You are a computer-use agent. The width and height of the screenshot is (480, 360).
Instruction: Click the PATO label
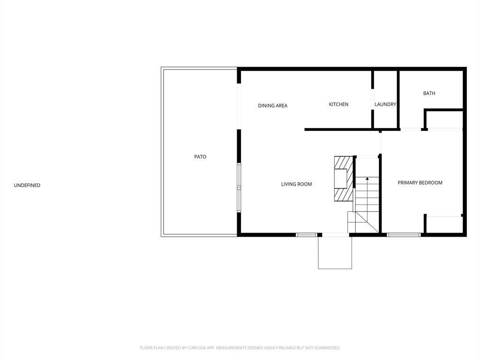(x=200, y=157)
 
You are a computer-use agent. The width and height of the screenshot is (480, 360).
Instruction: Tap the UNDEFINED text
(x=27, y=185)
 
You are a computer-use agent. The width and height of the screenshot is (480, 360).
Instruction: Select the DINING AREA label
(x=273, y=105)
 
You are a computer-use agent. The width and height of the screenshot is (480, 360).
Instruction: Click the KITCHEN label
(x=338, y=105)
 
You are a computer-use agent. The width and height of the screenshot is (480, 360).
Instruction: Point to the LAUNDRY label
(x=385, y=105)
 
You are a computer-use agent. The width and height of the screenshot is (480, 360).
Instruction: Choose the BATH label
(x=429, y=93)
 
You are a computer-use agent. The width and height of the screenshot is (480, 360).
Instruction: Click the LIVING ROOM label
(x=297, y=184)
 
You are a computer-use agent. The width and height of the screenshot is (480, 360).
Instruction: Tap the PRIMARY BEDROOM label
(x=420, y=183)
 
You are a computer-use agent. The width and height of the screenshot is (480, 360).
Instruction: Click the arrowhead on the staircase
(x=367, y=178)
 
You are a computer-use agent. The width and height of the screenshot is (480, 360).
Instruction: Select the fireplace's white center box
(x=340, y=179)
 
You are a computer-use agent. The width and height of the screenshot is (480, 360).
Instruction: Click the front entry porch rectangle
(x=335, y=253)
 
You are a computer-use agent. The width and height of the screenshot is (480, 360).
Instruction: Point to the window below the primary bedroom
(x=404, y=235)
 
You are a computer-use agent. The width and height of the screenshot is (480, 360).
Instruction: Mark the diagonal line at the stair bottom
(x=367, y=222)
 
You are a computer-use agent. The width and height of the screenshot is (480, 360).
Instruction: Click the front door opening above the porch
(x=336, y=235)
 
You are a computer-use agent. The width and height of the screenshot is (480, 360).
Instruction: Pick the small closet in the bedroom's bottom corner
(x=444, y=225)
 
